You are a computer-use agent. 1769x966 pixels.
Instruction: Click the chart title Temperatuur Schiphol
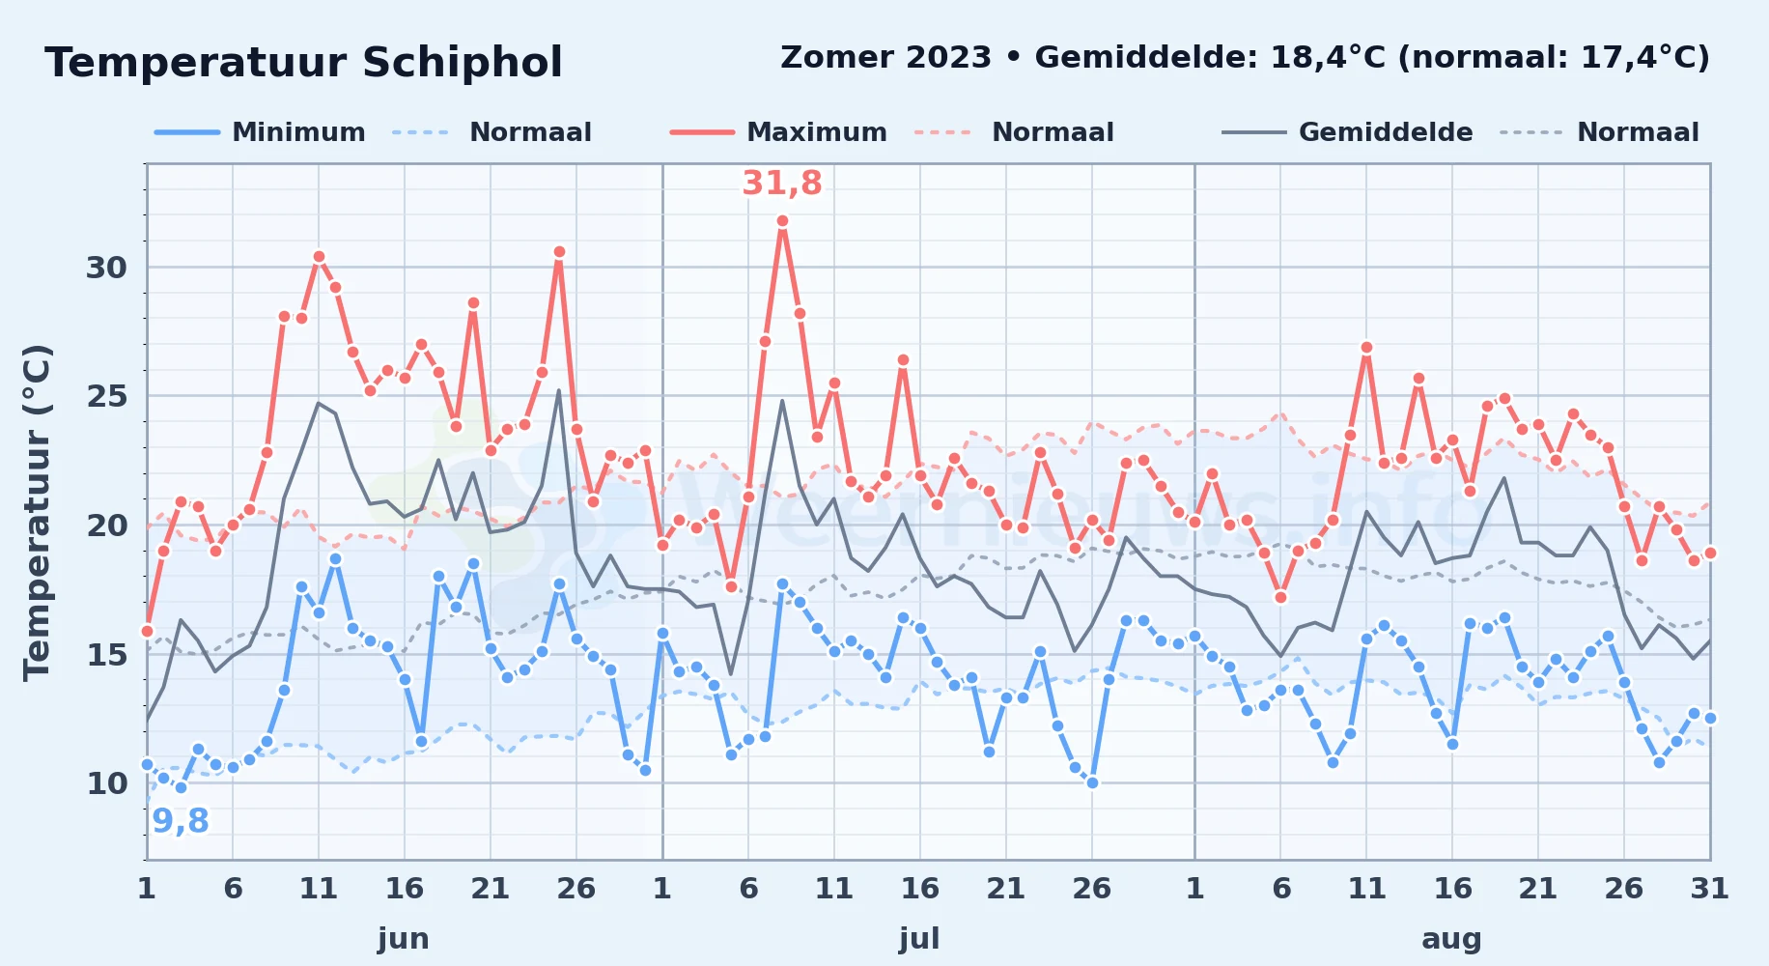click(303, 63)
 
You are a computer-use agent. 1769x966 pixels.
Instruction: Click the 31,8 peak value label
click(782, 183)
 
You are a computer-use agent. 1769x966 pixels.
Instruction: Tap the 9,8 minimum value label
click(181, 821)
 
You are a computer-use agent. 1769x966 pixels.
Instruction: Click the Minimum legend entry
click(260, 132)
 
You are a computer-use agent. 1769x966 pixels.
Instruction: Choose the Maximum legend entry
click(778, 132)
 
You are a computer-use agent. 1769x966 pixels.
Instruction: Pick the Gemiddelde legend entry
click(1347, 132)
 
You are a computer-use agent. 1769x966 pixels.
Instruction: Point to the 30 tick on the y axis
click(106, 268)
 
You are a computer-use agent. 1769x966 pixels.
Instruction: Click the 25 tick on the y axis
click(106, 396)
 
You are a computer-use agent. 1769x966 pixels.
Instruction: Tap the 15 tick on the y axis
click(106, 654)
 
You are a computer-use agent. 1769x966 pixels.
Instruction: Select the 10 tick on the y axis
click(106, 783)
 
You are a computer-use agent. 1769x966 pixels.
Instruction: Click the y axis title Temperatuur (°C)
click(37, 512)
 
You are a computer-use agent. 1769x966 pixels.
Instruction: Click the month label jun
click(404, 939)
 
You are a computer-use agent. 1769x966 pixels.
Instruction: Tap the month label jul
click(919, 939)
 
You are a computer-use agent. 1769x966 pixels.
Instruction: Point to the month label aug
click(1451, 939)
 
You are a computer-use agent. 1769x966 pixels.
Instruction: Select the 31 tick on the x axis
click(1709, 889)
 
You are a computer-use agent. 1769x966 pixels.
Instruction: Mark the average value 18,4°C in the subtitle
click(1329, 58)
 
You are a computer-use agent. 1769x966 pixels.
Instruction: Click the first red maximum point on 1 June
click(147, 631)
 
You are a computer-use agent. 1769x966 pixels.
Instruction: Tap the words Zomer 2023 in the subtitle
click(885, 58)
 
